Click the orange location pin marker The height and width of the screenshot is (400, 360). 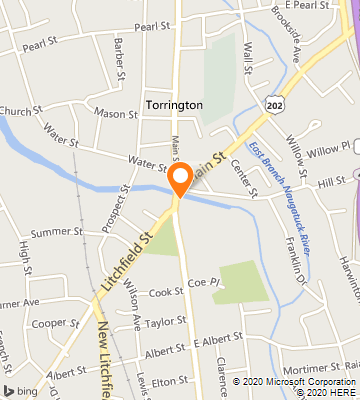[x=180, y=180]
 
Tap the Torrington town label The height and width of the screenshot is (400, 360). [x=173, y=105]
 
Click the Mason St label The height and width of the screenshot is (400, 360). [x=116, y=113]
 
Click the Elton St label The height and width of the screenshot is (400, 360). [x=170, y=380]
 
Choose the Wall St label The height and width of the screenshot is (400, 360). [x=246, y=50]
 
